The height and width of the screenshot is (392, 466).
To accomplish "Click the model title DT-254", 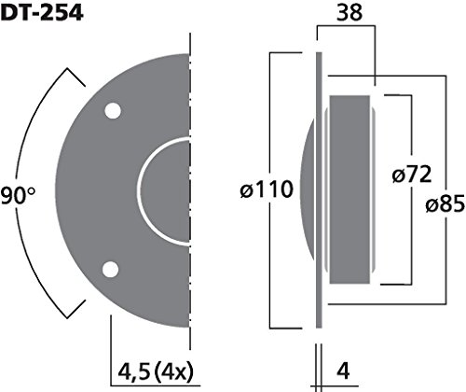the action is coord(42,13).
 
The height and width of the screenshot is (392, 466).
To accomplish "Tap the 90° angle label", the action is coord(18,196).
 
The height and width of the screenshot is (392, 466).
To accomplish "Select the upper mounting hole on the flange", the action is coord(113,111).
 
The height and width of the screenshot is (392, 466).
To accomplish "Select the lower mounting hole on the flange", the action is coord(111,270).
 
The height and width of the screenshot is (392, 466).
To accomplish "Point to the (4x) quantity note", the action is coord(174,371).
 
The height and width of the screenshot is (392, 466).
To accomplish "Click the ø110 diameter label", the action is coord(267,189).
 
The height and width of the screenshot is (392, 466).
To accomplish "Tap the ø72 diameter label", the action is coord(412,175).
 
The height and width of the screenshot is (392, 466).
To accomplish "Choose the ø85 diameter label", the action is coord(445,204).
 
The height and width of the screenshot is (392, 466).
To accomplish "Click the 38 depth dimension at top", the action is coord(349,13).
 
